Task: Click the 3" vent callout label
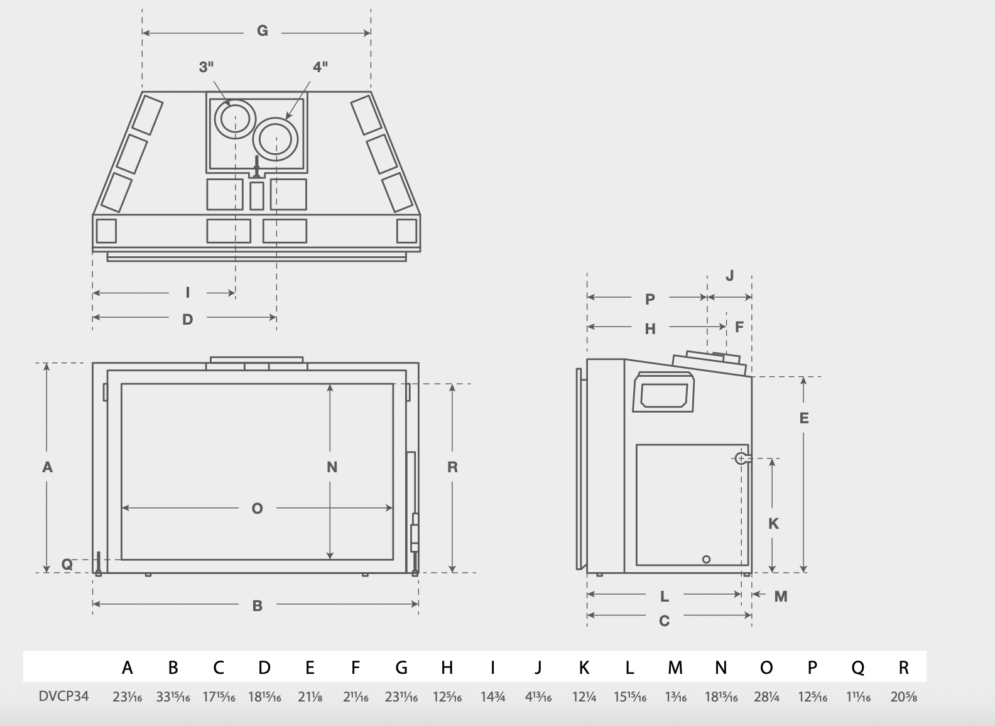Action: [207, 67]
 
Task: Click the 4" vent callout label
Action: [320, 67]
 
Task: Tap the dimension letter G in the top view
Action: [263, 31]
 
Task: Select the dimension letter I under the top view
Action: [188, 293]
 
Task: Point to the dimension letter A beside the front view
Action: [47, 467]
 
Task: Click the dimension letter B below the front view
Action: [257, 606]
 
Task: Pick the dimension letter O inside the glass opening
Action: [257, 509]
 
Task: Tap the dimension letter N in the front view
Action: [332, 467]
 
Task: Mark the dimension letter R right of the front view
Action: [452, 467]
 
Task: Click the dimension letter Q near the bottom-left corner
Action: [67, 565]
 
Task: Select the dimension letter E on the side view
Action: [804, 418]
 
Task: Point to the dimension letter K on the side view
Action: [773, 524]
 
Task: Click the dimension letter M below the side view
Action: [781, 597]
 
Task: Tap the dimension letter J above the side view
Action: [729, 276]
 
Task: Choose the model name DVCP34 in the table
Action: [63, 696]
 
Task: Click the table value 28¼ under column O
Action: [766, 696]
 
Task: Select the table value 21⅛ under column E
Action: [310, 696]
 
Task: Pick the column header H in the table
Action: [447, 668]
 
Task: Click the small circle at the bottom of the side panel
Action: [706, 559]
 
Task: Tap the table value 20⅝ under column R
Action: [903, 696]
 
